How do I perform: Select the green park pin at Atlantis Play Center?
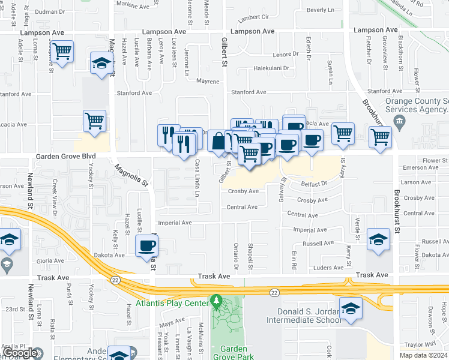[216, 299]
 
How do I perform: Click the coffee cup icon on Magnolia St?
[147, 246]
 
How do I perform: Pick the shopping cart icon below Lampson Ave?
[62, 52]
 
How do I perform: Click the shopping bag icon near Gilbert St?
[217, 141]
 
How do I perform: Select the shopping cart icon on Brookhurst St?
[380, 137]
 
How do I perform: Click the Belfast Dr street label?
[313, 184]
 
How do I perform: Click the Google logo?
[20, 353]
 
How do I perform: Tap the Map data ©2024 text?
[423, 355]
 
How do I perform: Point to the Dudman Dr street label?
[50, 11]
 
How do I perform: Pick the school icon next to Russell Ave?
[379, 239]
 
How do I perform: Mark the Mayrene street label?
[208, 81]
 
